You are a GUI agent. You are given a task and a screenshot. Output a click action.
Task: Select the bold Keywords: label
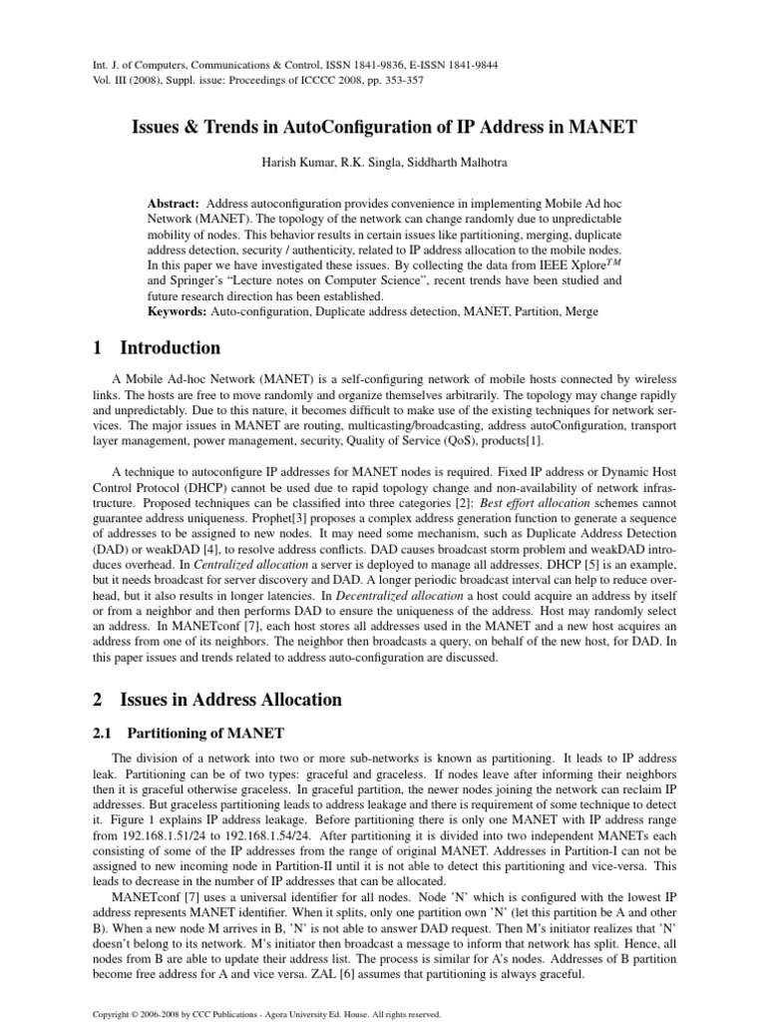point(178,312)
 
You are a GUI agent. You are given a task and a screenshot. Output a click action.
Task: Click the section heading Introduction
point(171,348)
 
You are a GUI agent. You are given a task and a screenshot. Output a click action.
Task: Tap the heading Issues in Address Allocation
point(230,700)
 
